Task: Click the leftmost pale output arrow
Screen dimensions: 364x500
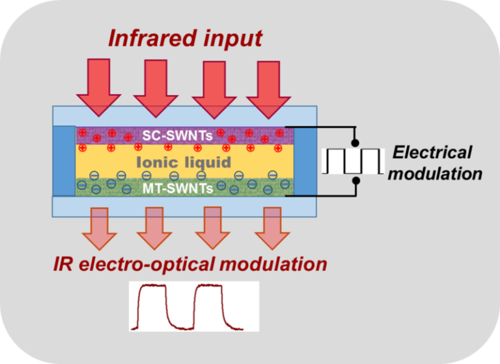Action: pyautogui.click(x=100, y=229)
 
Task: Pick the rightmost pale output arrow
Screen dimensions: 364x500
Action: pyautogui.click(x=268, y=229)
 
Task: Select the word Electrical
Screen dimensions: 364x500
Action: pyautogui.click(x=432, y=153)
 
